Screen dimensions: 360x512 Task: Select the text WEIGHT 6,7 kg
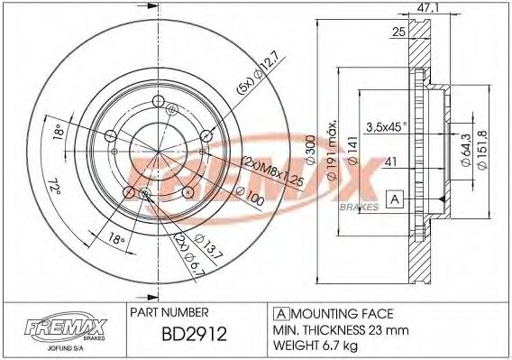point(316,346)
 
